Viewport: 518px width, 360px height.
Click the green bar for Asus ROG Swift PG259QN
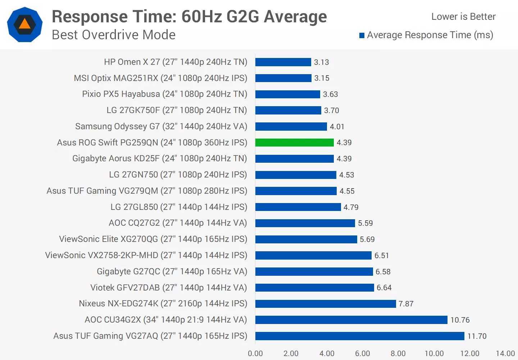tap(295, 143)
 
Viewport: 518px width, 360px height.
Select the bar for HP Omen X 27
tap(283, 62)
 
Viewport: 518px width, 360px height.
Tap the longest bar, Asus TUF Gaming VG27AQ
tap(360, 336)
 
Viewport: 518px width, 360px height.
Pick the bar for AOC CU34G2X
tap(351, 320)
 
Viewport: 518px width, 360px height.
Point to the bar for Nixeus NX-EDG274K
tap(326, 303)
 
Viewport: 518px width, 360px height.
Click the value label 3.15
tap(322, 78)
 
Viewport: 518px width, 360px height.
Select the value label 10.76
tap(460, 320)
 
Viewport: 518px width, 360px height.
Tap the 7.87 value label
tap(406, 303)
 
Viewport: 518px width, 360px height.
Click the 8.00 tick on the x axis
tap(398, 354)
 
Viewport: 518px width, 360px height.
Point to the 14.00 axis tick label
tap(505, 354)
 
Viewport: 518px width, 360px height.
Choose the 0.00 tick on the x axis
tap(255, 354)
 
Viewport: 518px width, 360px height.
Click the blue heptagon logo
tap(25, 24)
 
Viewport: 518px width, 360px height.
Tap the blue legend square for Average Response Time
tap(362, 35)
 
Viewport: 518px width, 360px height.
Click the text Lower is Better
tap(463, 17)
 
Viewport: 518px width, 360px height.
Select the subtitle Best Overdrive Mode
tap(114, 35)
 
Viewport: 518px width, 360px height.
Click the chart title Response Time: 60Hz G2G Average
tap(189, 17)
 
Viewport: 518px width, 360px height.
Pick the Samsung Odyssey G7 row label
tap(161, 126)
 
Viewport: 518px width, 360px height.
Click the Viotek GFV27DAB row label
tap(169, 288)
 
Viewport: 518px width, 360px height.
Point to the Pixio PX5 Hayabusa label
tap(165, 94)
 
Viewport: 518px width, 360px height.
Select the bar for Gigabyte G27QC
tap(314, 271)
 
